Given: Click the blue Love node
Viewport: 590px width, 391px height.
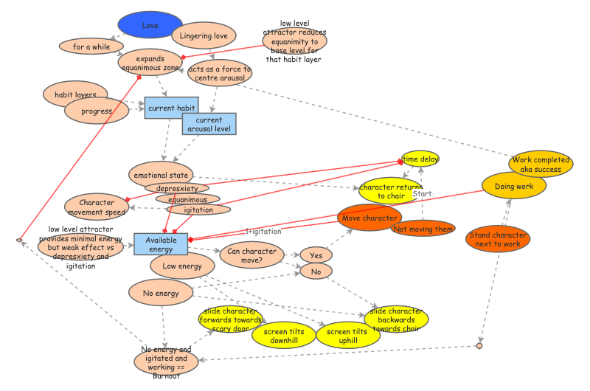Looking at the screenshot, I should (x=150, y=25).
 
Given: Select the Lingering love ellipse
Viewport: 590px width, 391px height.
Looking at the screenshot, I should (x=204, y=35).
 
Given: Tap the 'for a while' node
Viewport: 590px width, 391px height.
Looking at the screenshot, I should (x=92, y=46).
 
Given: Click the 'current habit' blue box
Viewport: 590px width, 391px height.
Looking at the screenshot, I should (x=171, y=108).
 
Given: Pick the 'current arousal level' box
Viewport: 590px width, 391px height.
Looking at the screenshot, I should (x=209, y=124).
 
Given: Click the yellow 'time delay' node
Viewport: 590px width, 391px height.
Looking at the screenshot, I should (x=420, y=159).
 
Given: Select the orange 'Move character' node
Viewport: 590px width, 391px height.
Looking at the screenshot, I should (x=369, y=218).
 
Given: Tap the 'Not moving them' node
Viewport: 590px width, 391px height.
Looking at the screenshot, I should (x=423, y=229).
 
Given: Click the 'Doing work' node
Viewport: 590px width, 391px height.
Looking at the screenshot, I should (x=514, y=186).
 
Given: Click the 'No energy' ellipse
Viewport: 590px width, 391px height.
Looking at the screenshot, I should (x=161, y=293).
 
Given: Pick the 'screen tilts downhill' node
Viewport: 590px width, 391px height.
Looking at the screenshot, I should (x=280, y=336).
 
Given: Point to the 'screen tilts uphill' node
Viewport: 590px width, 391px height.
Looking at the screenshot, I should (x=343, y=336).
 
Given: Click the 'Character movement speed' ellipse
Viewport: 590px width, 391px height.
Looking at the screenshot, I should (x=102, y=207).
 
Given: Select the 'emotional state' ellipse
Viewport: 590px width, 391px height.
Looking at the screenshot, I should (x=160, y=176).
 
